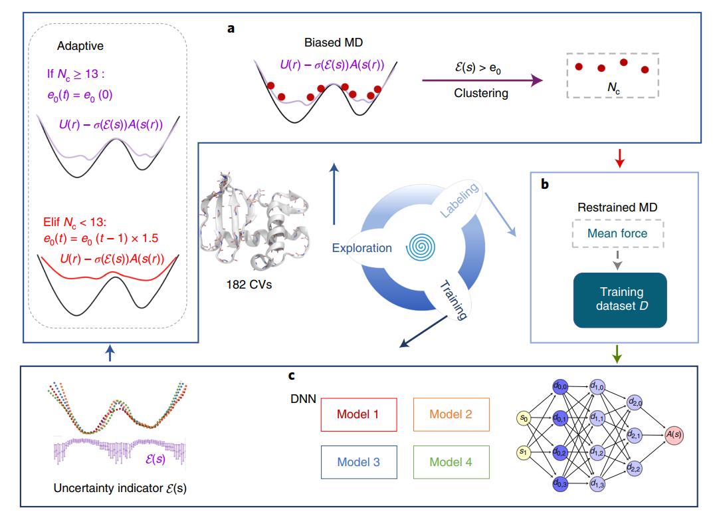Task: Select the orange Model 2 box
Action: tap(451, 415)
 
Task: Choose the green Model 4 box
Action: tap(451, 461)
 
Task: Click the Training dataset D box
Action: tap(620, 301)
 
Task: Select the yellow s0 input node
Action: tap(524, 418)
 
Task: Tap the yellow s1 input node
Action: tap(524, 452)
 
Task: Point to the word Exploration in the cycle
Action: tap(363, 249)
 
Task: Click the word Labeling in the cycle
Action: tap(459, 201)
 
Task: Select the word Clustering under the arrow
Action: tap(481, 93)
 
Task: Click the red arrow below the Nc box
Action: tap(619, 158)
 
